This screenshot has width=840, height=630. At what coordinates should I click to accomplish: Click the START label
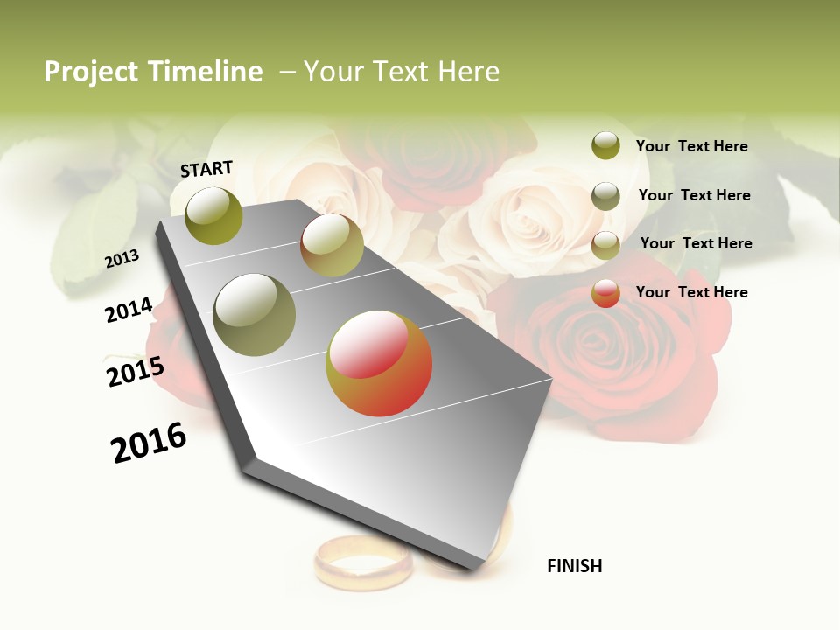pyautogui.click(x=206, y=169)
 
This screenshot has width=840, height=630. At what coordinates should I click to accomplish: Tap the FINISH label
pyautogui.click(x=574, y=566)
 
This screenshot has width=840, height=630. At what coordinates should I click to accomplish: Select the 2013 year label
pyautogui.click(x=122, y=259)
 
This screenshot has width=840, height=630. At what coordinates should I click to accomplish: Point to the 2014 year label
pyautogui.click(x=129, y=310)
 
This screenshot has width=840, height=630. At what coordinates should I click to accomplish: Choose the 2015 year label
pyautogui.click(x=135, y=372)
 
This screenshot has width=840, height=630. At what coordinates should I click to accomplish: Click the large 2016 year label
pyautogui.click(x=149, y=443)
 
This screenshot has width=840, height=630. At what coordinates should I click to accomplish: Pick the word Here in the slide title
pyautogui.click(x=468, y=72)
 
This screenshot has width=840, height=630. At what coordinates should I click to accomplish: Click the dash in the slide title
pyautogui.click(x=287, y=72)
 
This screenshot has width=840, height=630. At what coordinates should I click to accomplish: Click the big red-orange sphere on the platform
pyautogui.click(x=379, y=363)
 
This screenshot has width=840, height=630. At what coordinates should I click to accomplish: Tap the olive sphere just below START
pyautogui.click(x=213, y=215)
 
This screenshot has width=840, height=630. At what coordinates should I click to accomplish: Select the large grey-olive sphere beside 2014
pyautogui.click(x=255, y=315)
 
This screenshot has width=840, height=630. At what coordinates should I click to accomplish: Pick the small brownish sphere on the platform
pyautogui.click(x=332, y=245)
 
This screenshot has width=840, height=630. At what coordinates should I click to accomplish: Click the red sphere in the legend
pyautogui.click(x=605, y=293)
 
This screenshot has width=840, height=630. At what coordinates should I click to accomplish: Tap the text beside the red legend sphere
pyautogui.click(x=691, y=292)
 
